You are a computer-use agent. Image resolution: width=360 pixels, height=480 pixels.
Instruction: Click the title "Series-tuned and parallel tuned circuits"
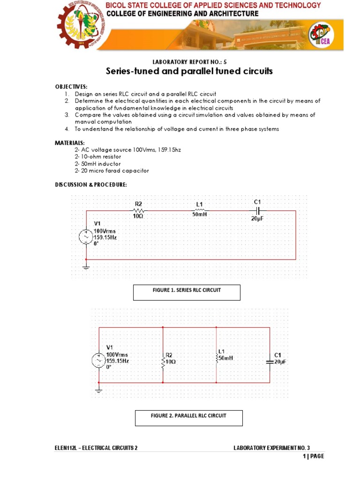click(x=189, y=71)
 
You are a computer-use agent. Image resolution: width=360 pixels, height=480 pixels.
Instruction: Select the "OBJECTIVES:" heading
click(x=71, y=87)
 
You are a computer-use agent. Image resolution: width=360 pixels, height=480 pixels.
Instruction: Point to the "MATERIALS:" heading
click(x=70, y=142)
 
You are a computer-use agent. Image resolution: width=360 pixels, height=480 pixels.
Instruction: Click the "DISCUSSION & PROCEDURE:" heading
click(x=91, y=185)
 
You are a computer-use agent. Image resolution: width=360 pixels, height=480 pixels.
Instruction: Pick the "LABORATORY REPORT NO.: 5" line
click(x=189, y=61)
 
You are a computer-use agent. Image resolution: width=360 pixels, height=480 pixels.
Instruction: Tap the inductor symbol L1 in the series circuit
click(x=199, y=211)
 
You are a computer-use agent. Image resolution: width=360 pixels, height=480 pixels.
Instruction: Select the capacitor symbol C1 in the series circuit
click(x=257, y=211)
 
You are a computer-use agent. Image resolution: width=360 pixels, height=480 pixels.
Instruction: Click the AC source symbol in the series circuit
click(x=86, y=237)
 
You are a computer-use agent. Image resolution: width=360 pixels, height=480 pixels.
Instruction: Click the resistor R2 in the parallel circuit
click(x=163, y=362)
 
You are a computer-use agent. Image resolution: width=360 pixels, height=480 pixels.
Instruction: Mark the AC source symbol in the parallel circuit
click(x=99, y=361)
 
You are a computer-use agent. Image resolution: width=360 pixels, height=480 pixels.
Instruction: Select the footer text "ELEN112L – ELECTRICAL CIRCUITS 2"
click(x=96, y=448)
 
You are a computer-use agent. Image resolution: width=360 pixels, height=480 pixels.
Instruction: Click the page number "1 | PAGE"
click(x=313, y=456)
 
